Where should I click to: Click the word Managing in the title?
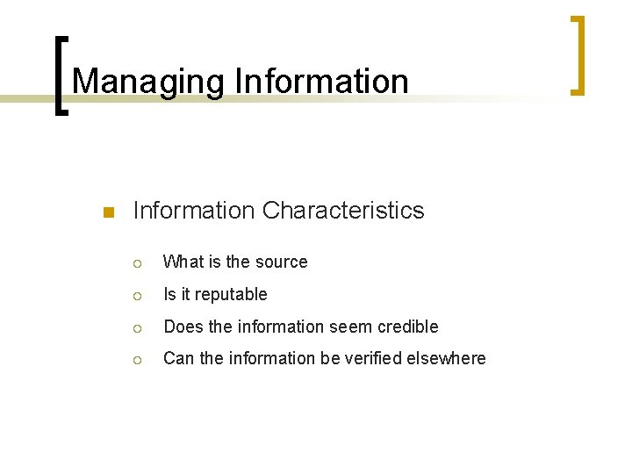pos(149,82)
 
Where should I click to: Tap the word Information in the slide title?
pos(321,82)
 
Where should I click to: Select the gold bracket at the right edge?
pos(578,54)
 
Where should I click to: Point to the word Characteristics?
pos(342,211)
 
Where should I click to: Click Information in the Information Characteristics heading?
pos(192,211)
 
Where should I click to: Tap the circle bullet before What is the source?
pos(137,262)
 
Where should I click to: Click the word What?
pos(183,262)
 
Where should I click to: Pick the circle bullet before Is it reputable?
pos(137,295)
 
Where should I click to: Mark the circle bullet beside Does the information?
pos(137,327)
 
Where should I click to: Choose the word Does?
pos(183,327)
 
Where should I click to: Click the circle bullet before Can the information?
pos(137,359)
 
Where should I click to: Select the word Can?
pos(179,358)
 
